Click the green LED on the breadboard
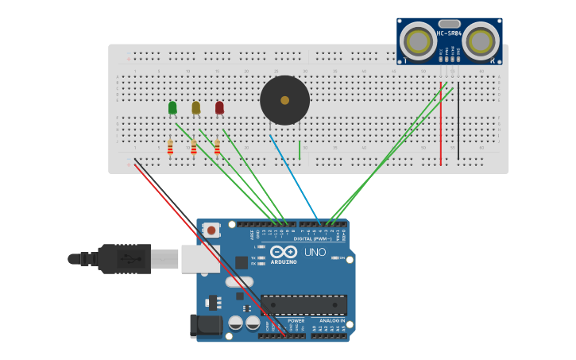[172, 107]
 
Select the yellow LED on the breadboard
[195, 107]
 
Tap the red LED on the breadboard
[219, 107]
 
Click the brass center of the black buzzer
[284, 100]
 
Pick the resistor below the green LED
[170, 147]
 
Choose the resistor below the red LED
[217, 147]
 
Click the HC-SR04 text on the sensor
[449, 33]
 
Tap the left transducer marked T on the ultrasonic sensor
[417, 39]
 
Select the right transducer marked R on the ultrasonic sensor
[481, 39]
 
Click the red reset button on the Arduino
[211, 230]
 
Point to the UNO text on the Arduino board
[315, 252]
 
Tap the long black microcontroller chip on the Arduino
[303, 304]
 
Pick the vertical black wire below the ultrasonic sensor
[458, 123]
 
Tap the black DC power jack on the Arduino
[204, 326]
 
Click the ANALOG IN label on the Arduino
[331, 321]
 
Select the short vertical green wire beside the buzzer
[300, 149]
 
